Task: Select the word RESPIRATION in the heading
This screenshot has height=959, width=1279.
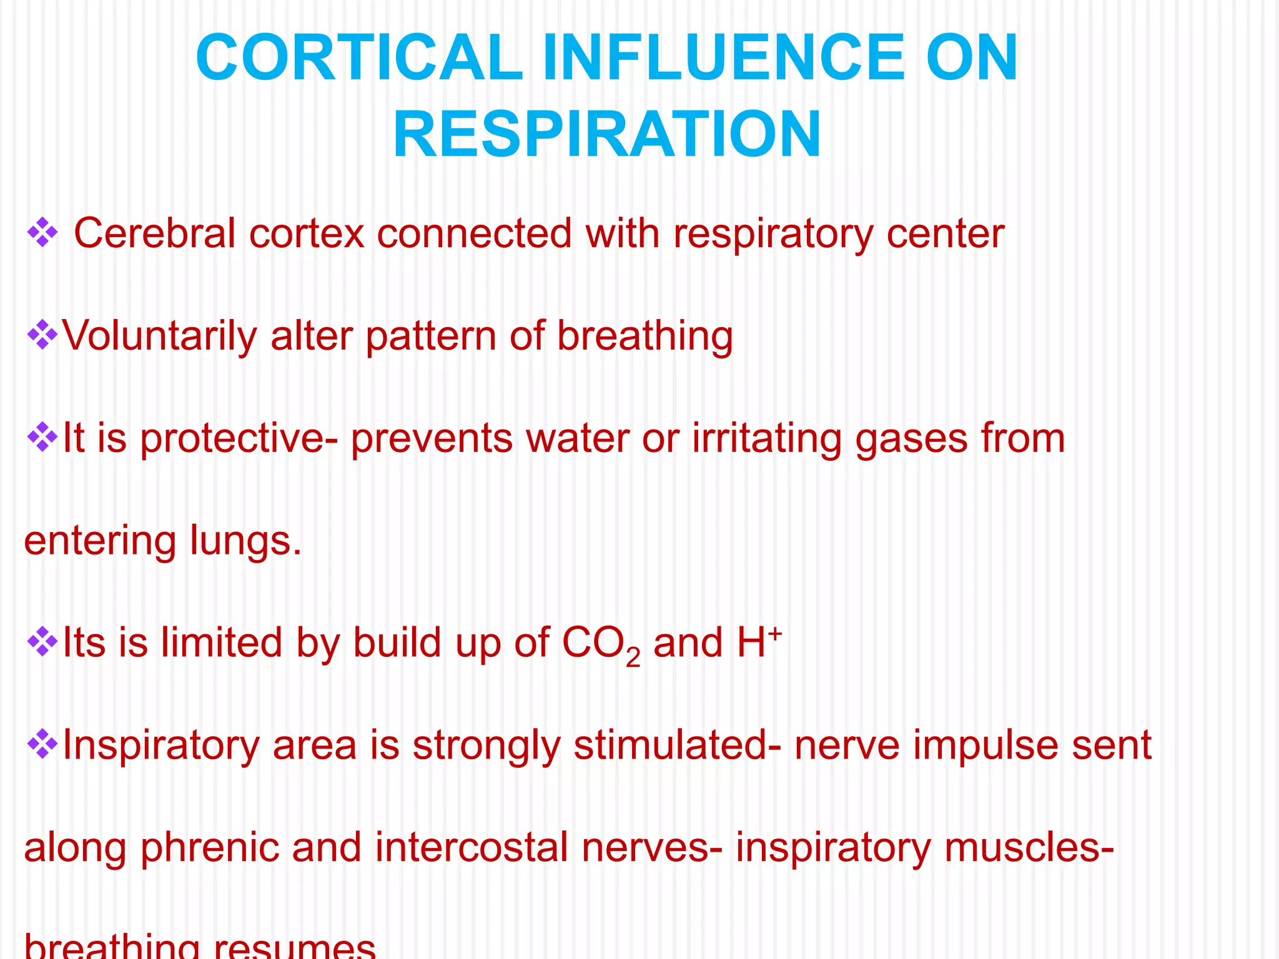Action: click(606, 135)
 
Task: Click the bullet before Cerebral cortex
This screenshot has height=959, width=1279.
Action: click(42, 233)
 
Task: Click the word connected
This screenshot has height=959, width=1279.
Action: click(474, 234)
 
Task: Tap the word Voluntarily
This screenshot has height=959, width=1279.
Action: click(159, 337)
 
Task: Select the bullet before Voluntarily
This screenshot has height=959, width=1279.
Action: click(42, 335)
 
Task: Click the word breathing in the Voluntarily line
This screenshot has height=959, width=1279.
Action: click(644, 337)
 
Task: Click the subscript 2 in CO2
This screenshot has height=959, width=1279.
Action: click(633, 657)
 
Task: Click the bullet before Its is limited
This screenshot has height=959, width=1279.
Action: click(42, 643)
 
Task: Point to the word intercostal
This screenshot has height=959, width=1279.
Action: click(472, 848)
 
